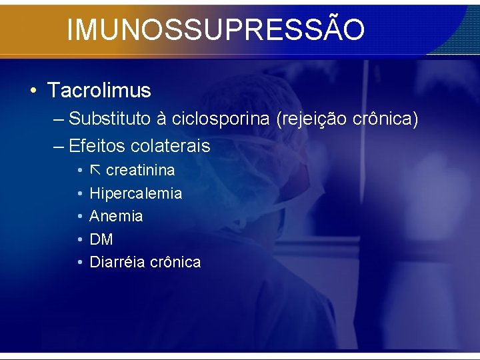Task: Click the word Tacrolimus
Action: tap(99, 90)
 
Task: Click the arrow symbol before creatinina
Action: tap(95, 170)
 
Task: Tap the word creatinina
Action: tap(141, 170)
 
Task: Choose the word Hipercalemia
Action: tap(135, 193)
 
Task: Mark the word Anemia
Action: tap(116, 216)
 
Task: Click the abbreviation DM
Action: tap(101, 239)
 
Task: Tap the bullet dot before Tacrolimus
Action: tap(33, 91)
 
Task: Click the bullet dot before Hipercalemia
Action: tap(79, 193)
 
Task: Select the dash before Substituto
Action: tap(57, 120)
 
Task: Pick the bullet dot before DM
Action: tap(79, 239)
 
